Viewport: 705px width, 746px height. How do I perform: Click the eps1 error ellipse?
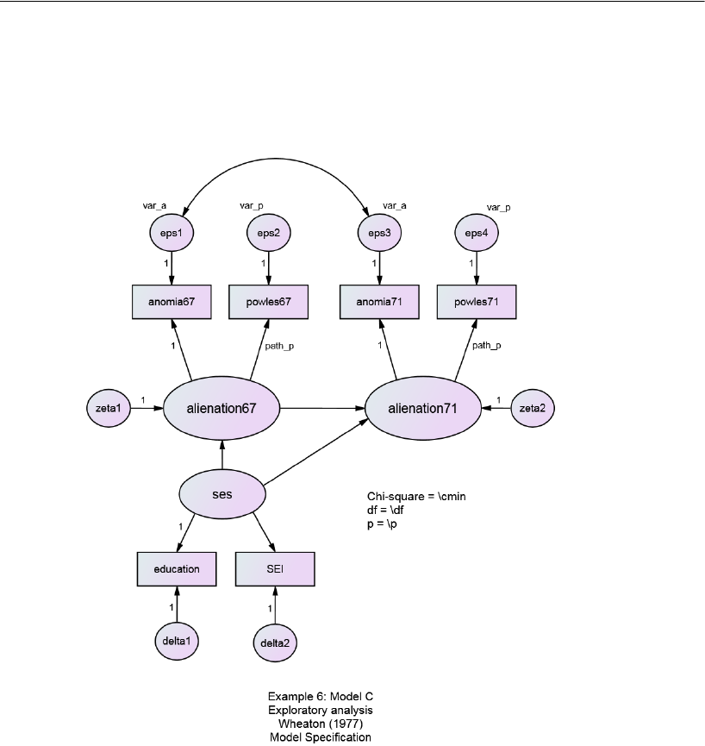[172, 232]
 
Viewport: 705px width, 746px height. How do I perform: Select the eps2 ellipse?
[269, 232]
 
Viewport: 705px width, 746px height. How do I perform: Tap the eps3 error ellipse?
[374, 232]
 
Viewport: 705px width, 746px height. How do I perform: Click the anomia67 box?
[172, 303]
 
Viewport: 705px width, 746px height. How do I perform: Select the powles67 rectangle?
[269, 303]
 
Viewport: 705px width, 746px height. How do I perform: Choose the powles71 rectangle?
[477, 303]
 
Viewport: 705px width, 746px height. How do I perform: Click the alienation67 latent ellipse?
[222, 408]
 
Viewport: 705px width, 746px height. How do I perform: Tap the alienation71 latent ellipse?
[424, 408]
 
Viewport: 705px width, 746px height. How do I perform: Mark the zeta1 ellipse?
[109, 408]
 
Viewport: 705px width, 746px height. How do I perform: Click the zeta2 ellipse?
[533, 408]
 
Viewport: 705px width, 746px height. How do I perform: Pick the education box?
[177, 568]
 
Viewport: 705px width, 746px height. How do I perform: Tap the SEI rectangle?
[275, 568]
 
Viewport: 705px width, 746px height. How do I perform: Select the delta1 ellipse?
[177, 640]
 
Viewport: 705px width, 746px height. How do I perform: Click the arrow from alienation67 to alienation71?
[323, 408]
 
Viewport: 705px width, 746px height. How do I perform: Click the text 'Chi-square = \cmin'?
[416, 497]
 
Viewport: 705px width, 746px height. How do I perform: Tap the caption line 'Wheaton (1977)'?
[320, 724]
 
